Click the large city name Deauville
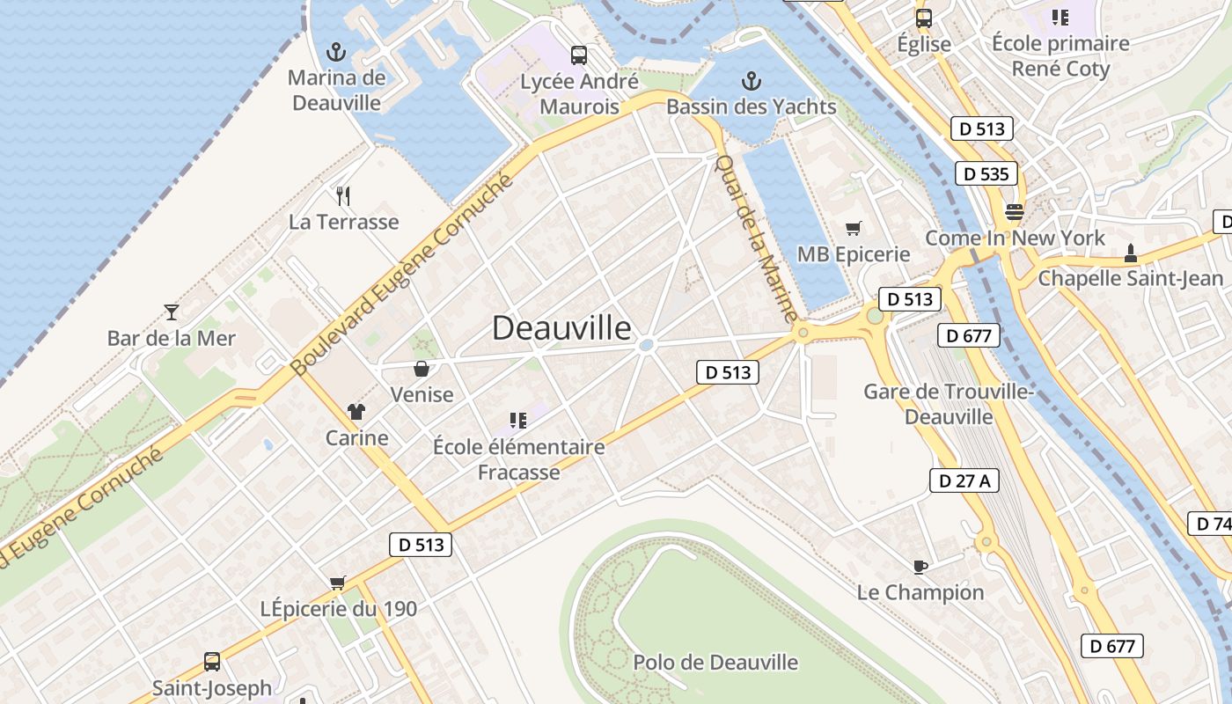(561, 328)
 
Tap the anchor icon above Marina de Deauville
(335, 52)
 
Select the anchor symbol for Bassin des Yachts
(751, 82)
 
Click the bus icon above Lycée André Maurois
(578, 55)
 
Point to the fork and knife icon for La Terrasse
(343, 195)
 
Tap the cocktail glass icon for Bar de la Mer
(172, 312)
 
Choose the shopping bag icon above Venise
(422, 368)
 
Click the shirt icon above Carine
(356, 411)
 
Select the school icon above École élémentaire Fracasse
(518, 420)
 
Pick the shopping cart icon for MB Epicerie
(853, 229)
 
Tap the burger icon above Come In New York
(1015, 212)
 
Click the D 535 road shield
(986, 174)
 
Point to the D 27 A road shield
(964, 480)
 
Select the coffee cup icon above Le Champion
(920, 566)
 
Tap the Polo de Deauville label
(715, 662)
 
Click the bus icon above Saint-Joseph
(211, 662)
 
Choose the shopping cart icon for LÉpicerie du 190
(337, 582)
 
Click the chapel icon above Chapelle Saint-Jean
(1131, 253)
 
